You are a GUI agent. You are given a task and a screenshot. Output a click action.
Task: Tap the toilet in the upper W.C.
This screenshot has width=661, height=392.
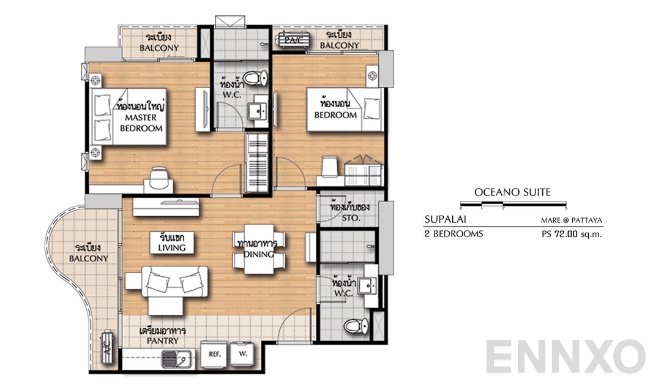(263, 78)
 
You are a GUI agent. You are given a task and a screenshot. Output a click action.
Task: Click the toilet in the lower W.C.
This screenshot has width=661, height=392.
(352, 326)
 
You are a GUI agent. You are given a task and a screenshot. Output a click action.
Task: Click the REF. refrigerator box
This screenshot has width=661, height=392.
(214, 355)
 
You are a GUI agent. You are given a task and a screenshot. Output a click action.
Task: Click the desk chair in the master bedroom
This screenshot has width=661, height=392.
(158, 178)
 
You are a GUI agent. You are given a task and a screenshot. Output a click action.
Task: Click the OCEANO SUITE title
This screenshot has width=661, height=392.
(512, 192)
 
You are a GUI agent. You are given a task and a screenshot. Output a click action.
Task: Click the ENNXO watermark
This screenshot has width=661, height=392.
(566, 356)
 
